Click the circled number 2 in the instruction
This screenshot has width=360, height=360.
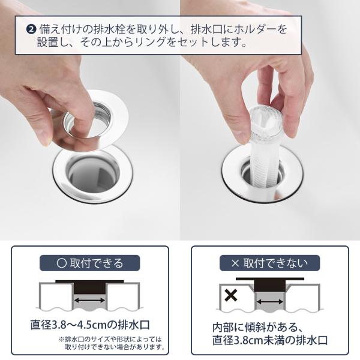(x=31, y=29)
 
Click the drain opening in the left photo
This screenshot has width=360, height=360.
(x=94, y=175)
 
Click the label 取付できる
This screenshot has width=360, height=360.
(x=97, y=263)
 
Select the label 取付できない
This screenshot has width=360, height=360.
(x=275, y=263)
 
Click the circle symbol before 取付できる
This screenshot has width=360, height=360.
(x=62, y=263)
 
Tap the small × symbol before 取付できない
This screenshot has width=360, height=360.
(x=235, y=263)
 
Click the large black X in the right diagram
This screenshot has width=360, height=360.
(x=231, y=295)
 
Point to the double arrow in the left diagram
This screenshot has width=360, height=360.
(x=89, y=300)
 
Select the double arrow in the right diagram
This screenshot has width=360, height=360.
(x=270, y=302)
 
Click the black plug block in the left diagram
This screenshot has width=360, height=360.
(x=89, y=288)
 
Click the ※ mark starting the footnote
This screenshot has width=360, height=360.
(x=62, y=339)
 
